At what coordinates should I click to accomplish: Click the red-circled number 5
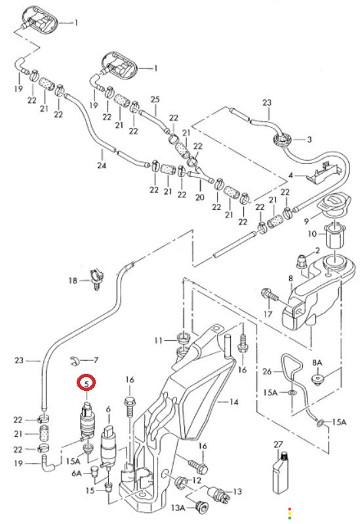pyautogui.click(x=87, y=383)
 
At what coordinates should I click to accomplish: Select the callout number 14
pyautogui.click(x=234, y=401)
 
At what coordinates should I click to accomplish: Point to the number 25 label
pyautogui.click(x=155, y=99)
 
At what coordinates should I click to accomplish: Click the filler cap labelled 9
pyautogui.click(x=335, y=204)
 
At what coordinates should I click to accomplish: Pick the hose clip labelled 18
pyautogui.click(x=96, y=278)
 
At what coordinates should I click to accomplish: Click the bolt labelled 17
pyautogui.click(x=271, y=296)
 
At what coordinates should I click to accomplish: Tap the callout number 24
pyautogui.click(x=102, y=165)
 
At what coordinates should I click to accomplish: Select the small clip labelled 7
pyautogui.click(x=74, y=361)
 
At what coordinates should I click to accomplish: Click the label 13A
pyautogui.click(x=178, y=508)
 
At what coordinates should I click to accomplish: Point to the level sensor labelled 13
pyautogui.click(x=219, y=493)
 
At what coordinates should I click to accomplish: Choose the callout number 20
pyautogui.click(x=199, y=197)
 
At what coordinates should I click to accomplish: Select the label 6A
pyautogui.click(x=77, y=474)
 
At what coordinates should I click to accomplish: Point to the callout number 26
pyautogui.click(x=267, y=371)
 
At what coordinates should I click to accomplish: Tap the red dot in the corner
pyautogui.click(x=289, y=509)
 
